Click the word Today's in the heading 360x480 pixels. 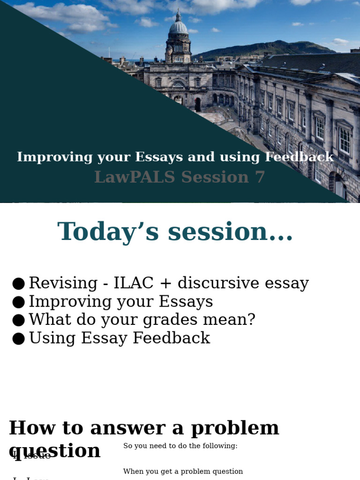(x=110, y=232)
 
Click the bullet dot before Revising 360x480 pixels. (x=18, y=284)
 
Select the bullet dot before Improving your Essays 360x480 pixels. (x=18, y=302)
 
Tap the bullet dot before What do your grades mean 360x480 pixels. (x=18, y=320)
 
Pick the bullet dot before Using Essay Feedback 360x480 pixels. (x=18, y=338)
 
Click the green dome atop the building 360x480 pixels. (x=178, y=27)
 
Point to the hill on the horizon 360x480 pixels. (x=272, y=47)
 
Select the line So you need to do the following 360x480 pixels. (x=180, y=446)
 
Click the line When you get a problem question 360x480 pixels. (x=183, y=472)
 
